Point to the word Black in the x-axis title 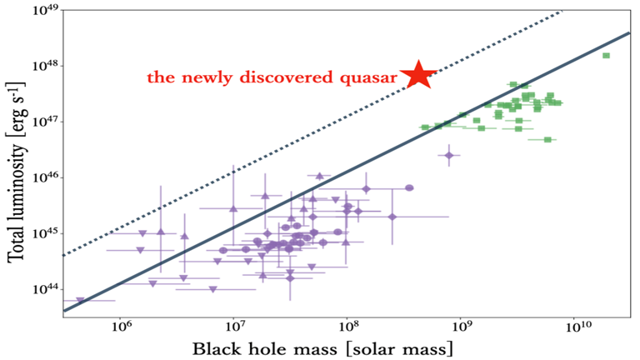[x=219, y=346]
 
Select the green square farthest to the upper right [x=606, y=56]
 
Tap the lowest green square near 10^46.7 [x=547, y=139]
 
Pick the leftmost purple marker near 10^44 [x=81, y=300]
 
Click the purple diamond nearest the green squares [x=449, y=155]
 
